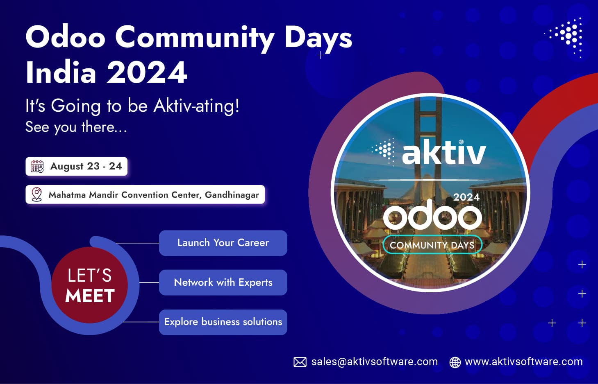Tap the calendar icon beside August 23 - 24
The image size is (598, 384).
(x=37, y=167)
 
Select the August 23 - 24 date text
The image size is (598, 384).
(x=86, y=166)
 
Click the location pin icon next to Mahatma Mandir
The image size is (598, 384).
(x=37, y=194)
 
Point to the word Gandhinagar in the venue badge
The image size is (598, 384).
(x=232, y=195)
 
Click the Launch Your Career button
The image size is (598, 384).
(x=223, y=243)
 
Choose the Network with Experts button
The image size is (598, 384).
(x=223, y=282)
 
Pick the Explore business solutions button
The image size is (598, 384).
(x=223, y=322)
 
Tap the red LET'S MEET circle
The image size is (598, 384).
(x=90, y=285)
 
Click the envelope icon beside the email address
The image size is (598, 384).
(x=300, y=362)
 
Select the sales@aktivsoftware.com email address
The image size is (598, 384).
(x=374, y=362)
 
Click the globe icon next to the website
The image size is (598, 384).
(x=455, y=362)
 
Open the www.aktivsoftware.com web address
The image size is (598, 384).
(x=523, y=362)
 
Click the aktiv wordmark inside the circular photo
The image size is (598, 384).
(x=444, y=153)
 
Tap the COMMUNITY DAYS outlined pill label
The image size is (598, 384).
(x=432, y=245)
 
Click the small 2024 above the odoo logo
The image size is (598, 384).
(x=466, y=197)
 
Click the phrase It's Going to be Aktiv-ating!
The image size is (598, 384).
(x=132, y=106)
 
